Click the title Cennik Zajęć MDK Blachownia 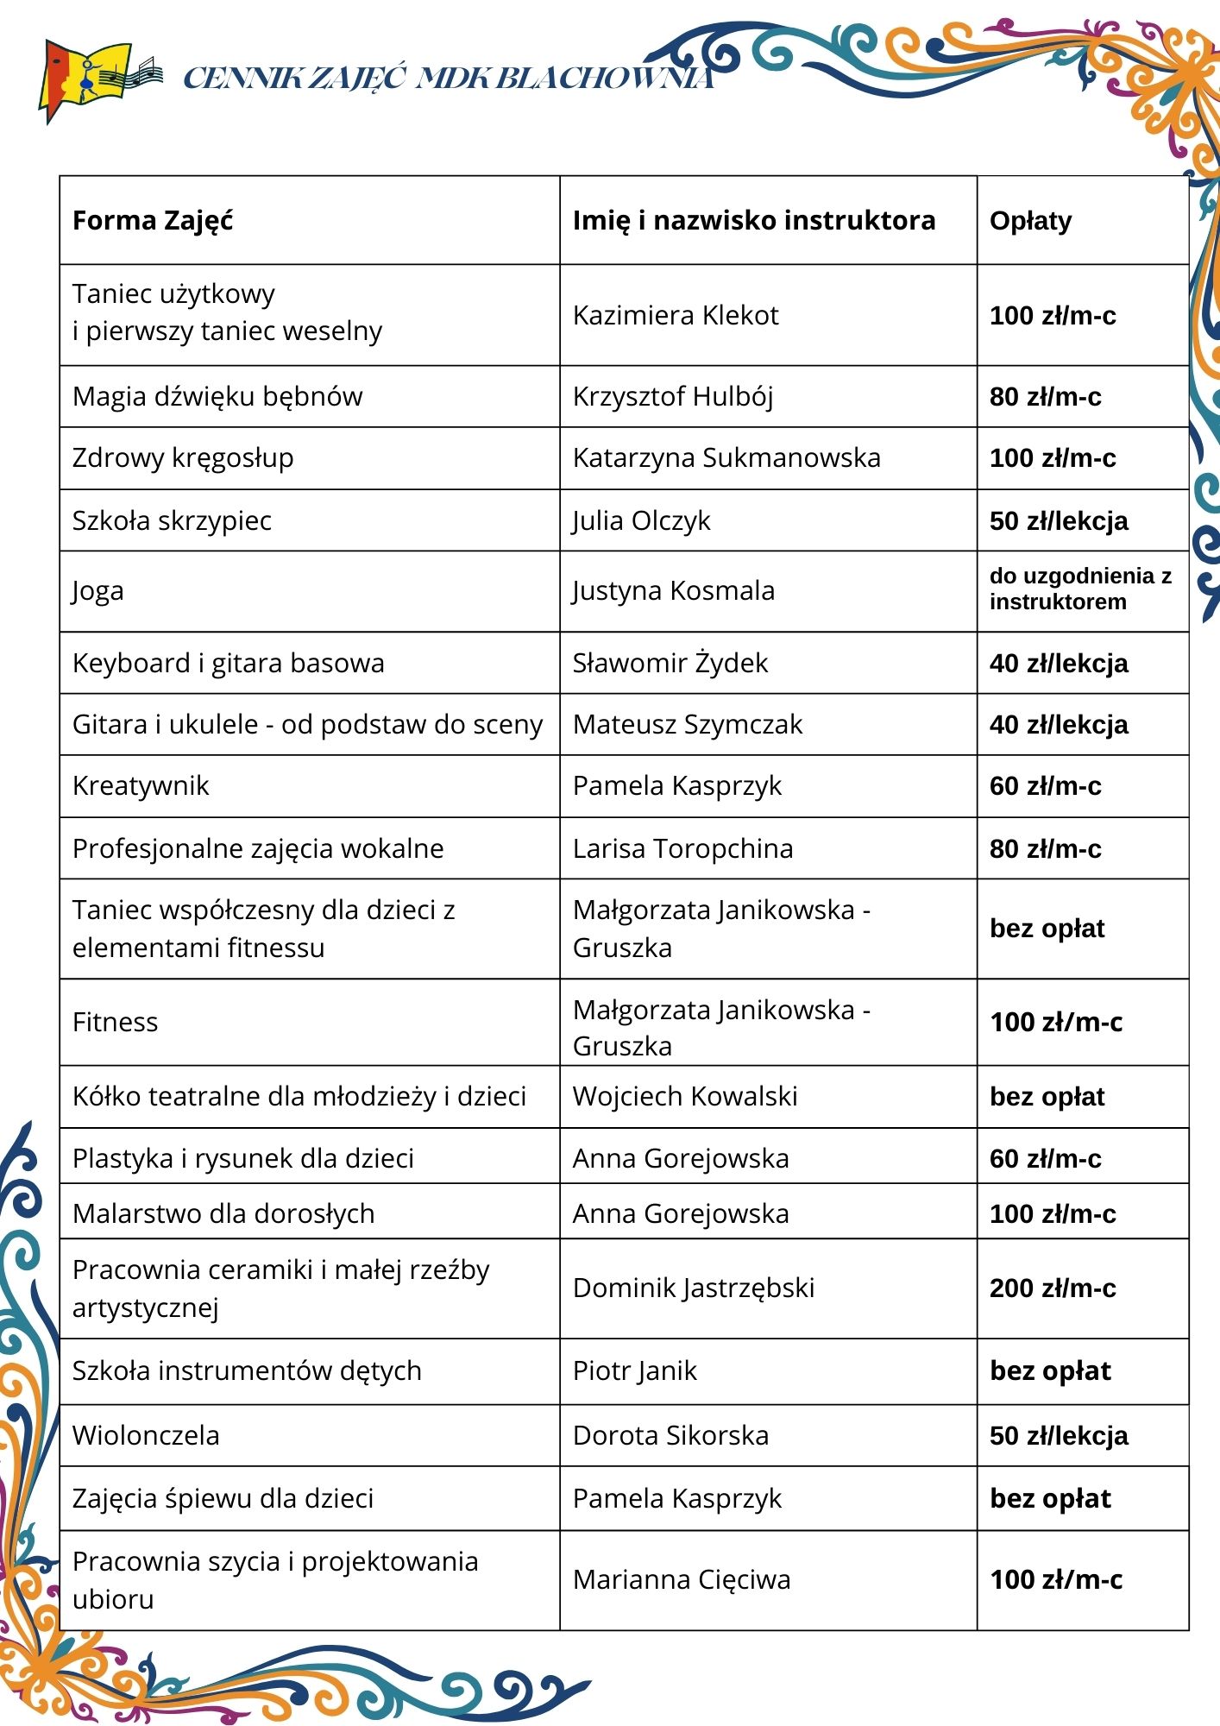(x=449, y=79)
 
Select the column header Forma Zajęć (x=153, y=221)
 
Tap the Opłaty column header (x=1030, y=221)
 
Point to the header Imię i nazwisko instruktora (x=753, y=221)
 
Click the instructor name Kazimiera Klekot (x=675, y=316)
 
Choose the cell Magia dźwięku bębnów (x=217, y=397)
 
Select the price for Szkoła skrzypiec (x=1059, y=521)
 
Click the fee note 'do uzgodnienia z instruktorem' (x=1079, y=589)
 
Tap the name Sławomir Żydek (x=670, y=664)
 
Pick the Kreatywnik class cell (x=141, y=786)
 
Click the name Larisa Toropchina (x=682, y=849)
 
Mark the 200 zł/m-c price (x=1053, y=1288)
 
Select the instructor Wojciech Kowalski (x=685, y=1097)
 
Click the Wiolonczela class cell (x=146, y=1436)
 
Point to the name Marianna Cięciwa (x=682, y=1580)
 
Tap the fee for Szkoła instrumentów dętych (x=1050, y=1371)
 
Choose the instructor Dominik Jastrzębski (x=694, y=1288)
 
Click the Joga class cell (x=98, y=592)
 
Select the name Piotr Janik (x=634, y=1371)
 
